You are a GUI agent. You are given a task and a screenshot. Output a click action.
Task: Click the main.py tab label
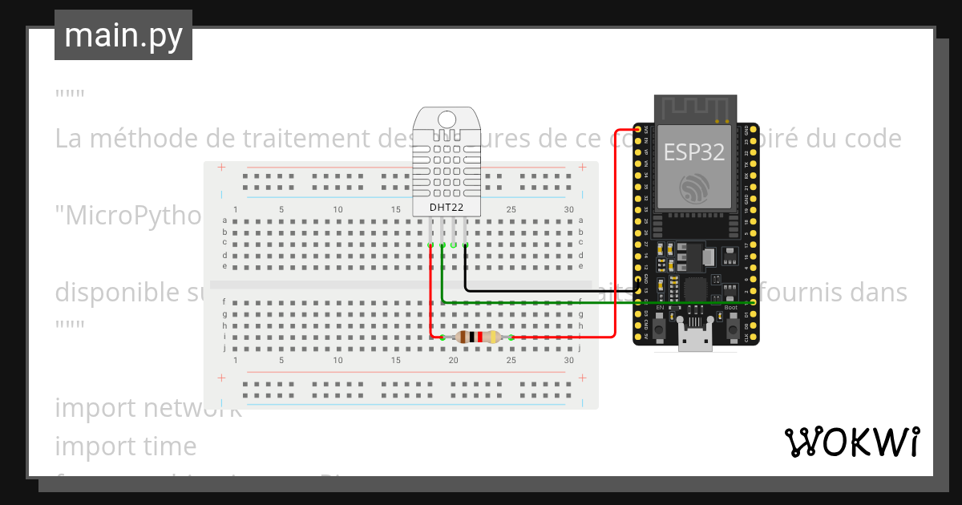[123, 35]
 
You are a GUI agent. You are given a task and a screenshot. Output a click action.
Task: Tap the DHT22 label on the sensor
[447, 207]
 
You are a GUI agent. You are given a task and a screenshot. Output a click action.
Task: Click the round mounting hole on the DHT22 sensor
[447, 120]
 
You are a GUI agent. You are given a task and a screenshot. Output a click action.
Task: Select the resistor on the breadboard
[478, 337]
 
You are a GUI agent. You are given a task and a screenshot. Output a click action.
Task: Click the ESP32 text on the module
[695, 151]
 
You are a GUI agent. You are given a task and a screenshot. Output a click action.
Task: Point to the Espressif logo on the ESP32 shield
[694, 188]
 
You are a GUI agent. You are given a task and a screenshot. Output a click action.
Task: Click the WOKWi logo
[851, 442]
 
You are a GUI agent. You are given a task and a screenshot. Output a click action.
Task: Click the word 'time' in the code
[171, 446]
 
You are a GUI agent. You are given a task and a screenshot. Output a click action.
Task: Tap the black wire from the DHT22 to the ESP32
[545, 289]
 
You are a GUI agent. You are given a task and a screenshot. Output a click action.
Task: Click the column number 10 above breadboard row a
[338, 210]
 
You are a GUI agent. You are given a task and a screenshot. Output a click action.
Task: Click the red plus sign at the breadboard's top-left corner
[221, 168]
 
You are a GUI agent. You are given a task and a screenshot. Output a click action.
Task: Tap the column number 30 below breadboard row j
[569, 361]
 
